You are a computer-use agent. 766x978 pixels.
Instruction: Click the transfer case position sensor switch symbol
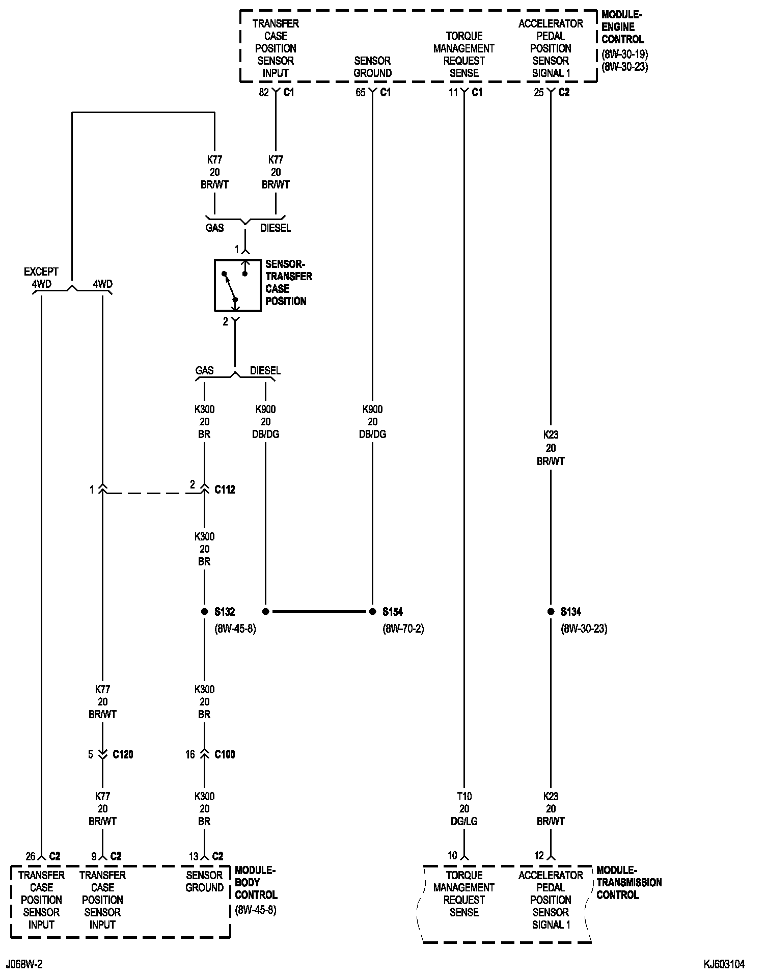[237, 285]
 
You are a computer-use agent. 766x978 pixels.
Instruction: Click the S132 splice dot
[204, 611]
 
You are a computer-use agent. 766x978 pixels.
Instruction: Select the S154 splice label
[393, 612]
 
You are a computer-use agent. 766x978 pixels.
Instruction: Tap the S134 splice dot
[551, 611]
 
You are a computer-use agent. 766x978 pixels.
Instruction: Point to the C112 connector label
[225, 490]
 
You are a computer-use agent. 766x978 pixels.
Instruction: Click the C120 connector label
[123, 754]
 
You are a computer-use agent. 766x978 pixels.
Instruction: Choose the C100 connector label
[225, 754]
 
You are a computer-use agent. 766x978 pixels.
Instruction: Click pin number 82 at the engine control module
[264, 93]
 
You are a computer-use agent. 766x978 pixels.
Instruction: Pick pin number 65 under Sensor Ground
[361, 93]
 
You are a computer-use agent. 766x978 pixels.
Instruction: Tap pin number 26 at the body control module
[31, 856]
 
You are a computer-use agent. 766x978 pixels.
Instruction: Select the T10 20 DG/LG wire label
[464, 808]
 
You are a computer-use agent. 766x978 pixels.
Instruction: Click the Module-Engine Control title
[622, 27]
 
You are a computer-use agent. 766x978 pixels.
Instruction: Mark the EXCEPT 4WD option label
[41, 278]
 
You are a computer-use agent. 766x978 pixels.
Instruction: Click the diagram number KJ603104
[724, 964]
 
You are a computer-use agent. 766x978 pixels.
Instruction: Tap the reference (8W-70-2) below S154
[403, 629]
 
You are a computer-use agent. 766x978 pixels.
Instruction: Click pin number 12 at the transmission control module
[539, 856]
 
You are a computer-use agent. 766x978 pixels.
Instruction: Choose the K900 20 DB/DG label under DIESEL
[265, 422]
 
